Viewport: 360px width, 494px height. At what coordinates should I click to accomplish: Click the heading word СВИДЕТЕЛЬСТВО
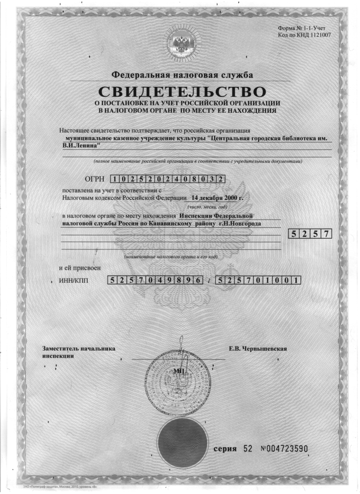182,91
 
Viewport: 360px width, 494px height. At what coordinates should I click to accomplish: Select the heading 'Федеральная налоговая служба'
182,75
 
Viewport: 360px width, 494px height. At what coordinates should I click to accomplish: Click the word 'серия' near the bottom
225,449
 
